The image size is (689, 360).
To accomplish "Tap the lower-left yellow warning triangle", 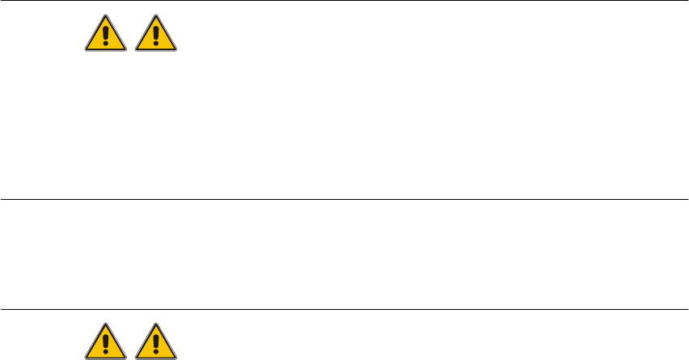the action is (105, 343).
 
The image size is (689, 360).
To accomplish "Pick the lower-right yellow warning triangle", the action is (155, 343).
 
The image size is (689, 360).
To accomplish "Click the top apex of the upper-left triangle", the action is (105, 15).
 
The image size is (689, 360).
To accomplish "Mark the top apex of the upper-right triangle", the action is (155, 15).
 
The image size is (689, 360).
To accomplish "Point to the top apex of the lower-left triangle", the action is (105, 324).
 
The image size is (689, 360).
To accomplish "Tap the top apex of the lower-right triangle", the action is (155, 324).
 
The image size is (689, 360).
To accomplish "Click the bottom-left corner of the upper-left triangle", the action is (85, 50).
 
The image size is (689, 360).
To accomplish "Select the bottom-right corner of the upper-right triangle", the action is (175, 50).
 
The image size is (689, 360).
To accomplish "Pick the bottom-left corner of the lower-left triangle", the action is (85, 358).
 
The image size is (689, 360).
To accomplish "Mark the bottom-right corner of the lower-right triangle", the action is (175, 358).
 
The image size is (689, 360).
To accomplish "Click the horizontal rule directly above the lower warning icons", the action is (344, 309).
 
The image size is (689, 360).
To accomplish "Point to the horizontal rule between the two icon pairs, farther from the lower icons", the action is (344, 199).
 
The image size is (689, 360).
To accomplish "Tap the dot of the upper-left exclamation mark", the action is (105, 45).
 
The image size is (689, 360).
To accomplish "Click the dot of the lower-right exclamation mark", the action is (155, 354).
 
